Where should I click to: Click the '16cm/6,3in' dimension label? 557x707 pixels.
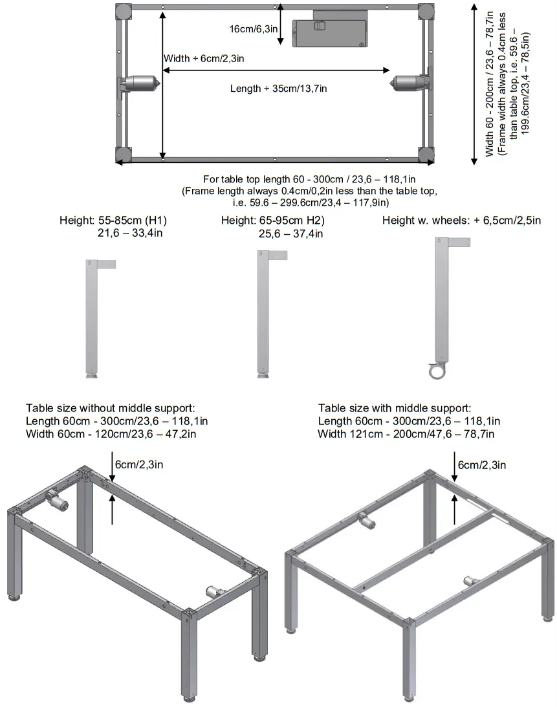tap(253, 29)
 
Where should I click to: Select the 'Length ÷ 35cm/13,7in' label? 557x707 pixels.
tap(278, 89)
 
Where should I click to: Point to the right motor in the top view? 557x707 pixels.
tap(411, 83)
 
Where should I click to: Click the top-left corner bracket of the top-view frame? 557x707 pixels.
tap(123, 12)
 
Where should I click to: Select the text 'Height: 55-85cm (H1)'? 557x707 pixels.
tap(117, 221)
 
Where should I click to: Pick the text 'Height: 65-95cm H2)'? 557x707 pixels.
tap(272, 221)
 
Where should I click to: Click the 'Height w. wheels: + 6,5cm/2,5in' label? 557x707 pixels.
tap(461, 221)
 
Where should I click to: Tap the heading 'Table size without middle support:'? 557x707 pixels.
tap(110, 408)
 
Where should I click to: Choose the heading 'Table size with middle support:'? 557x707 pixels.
tap(395, 408)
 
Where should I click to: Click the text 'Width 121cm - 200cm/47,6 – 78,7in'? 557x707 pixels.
tap(406, 433)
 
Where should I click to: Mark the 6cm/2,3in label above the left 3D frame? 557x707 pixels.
tap(139, 464)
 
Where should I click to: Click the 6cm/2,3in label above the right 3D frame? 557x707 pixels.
tap(482, 464)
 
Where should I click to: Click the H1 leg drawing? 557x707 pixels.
tap(91, 317)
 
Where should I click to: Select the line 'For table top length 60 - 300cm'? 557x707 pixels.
tap(309, 179)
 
